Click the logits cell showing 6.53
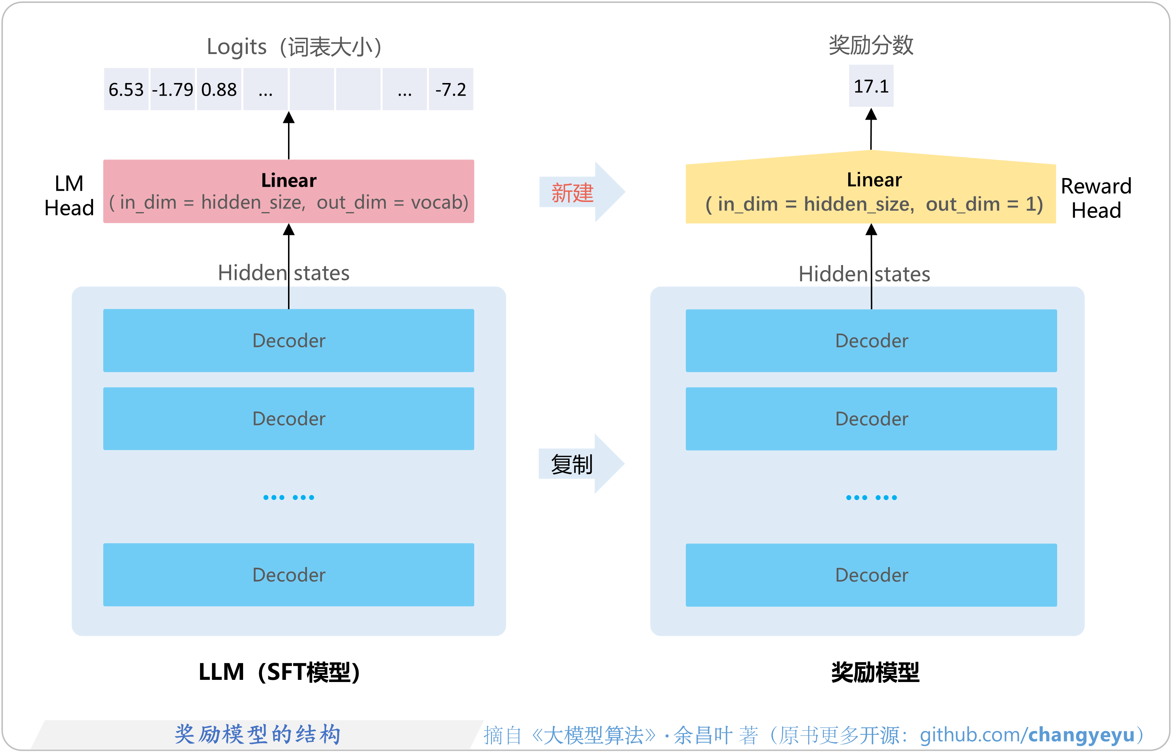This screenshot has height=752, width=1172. [x=126, y=89]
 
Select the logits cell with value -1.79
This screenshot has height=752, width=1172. [x=172, y=89]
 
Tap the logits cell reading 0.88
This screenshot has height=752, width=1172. [x=218, y=89]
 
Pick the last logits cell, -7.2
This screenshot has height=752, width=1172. [x=450, y=89]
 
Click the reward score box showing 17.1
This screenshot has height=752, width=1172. [x=871, y=86]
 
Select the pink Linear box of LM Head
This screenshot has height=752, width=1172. [x=288, y=191]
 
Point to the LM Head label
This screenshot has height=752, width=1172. [x=69, y=195]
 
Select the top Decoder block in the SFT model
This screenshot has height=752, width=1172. [x=288, y=340]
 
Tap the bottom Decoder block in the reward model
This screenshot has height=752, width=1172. [x=871, y=575]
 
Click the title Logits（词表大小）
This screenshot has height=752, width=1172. [x=294, y=47]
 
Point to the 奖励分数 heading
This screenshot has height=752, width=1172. [x=871, y=45]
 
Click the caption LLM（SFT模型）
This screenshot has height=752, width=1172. [x=279, y=672]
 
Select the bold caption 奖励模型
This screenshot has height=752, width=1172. [x=875, y=672]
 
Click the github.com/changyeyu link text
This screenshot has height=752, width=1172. [x=1027, y=735]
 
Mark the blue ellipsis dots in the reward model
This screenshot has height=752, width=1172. [x=871, y=497]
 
